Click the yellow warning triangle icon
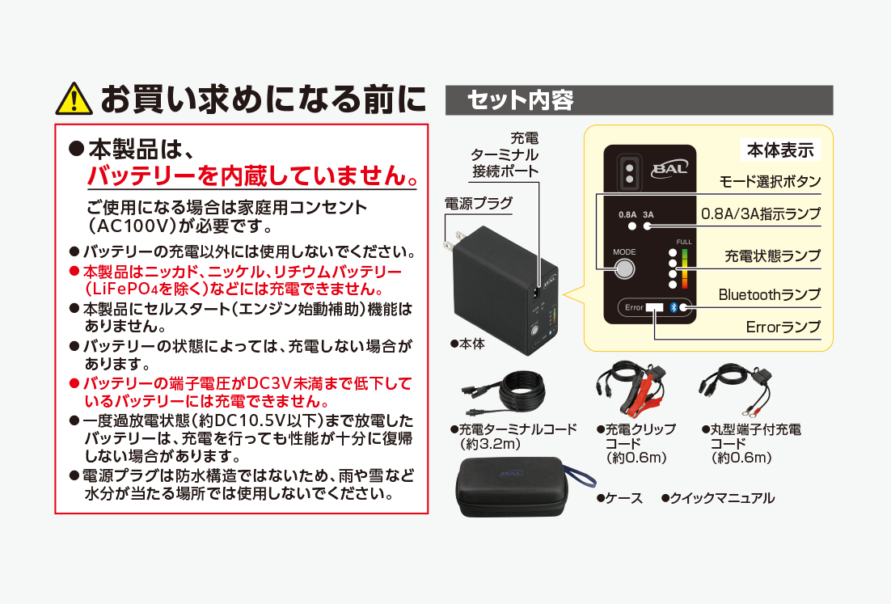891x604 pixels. pyautogui.click(x=74, y=99)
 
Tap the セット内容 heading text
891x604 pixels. pyautogui.click(x=521, y=100)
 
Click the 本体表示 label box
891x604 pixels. pyautogui.click(x=781, y=150)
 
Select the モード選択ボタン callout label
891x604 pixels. pyautogui.click(x=770, y=182)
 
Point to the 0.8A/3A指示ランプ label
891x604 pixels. pyautogui.click(x=761, y=213)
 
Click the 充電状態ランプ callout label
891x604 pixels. pyautogui.click(x=773, y=256)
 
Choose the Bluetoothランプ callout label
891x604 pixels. pyautogui.click(x=770, y=294)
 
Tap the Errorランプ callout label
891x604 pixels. pyautogui.click(x=783, y=327)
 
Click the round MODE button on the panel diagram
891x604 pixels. pyautogui.click(x=624, y=268)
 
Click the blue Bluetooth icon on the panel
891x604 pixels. pyautogui.click(x=674, y=307)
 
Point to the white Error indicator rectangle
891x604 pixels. pyautogui.click(x=654, y=307)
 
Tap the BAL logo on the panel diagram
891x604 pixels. pyautogui.click(x=670, y=168)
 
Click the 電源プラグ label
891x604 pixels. pyautogui.click(x=478, y=204)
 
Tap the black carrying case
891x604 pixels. pyautogui.click(x=512, y=487)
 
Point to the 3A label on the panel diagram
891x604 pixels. pyautogui.click(x=648, y=215)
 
